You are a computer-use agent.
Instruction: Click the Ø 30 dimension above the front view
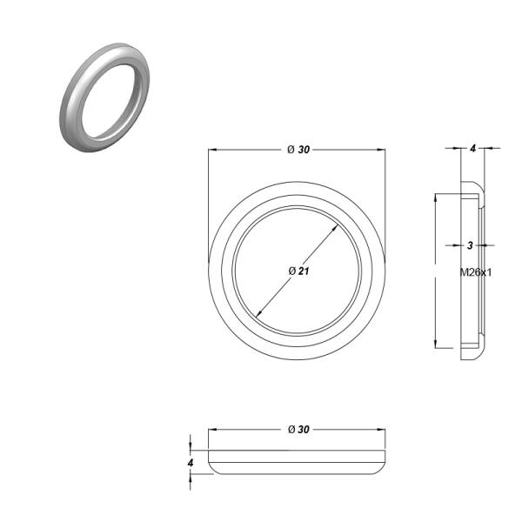[298, 150]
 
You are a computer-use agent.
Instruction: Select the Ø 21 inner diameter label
[298, 271]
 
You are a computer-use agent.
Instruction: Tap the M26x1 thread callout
[475, 272]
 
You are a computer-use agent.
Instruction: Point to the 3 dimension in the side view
[470, 245]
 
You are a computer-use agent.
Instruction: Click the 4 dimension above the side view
[473, 149]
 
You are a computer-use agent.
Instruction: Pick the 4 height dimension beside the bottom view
[191, 463]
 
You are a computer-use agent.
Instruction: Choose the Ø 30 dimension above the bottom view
[298, 430]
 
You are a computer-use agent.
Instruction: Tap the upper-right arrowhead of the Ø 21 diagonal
[336, 228]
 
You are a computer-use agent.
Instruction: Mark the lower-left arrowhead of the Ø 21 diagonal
[258, 313]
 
